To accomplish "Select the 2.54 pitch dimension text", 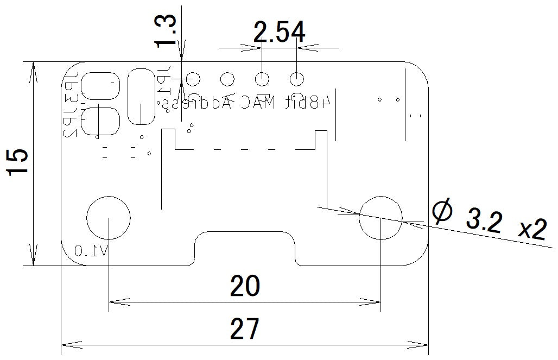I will (279, 33).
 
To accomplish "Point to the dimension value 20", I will (245, 286).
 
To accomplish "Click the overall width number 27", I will (245, 329).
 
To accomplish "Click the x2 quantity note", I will (531, 230).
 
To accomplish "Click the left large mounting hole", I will (109, 218).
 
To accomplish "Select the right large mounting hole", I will (381, 218).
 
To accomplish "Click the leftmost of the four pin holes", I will (193, 79).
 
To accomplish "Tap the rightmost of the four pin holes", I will (296, 79).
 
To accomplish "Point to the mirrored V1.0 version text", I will (91, 250).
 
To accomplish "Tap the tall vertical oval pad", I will (141, 97).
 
